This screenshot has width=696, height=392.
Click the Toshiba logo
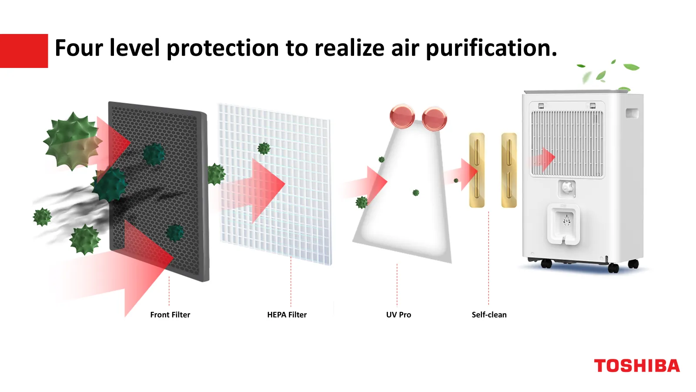[x=637, y=365]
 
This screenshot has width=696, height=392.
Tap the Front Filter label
[x=170, y=315]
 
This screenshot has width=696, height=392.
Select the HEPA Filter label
[x=287, y=315]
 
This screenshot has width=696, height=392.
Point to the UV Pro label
[x=398, y=315]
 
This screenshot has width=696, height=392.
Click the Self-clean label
[x=489, y=315]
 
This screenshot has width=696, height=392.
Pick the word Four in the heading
[x=79, y=48]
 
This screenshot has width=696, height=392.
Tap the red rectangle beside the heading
[x=24, y=51]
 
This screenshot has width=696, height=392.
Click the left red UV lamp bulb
[x=402, y=116]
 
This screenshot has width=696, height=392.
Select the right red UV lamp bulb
[x=435, y=118]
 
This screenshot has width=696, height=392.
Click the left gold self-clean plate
[x=477, y=170]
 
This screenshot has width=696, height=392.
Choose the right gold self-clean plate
[x=509, y=170]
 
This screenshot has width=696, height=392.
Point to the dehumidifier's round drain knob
[x=568, y=188]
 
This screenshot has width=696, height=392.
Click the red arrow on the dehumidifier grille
[x=543, y=159]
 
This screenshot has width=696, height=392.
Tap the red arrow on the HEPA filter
[x=255, y=190]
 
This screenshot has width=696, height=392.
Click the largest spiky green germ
[x=72, y=141]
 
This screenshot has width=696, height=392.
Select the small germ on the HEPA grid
[x=264, y=149]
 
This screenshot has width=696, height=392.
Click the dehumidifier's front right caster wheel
[x=613, y=267]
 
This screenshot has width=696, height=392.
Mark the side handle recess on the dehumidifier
[x=632, y=113]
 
